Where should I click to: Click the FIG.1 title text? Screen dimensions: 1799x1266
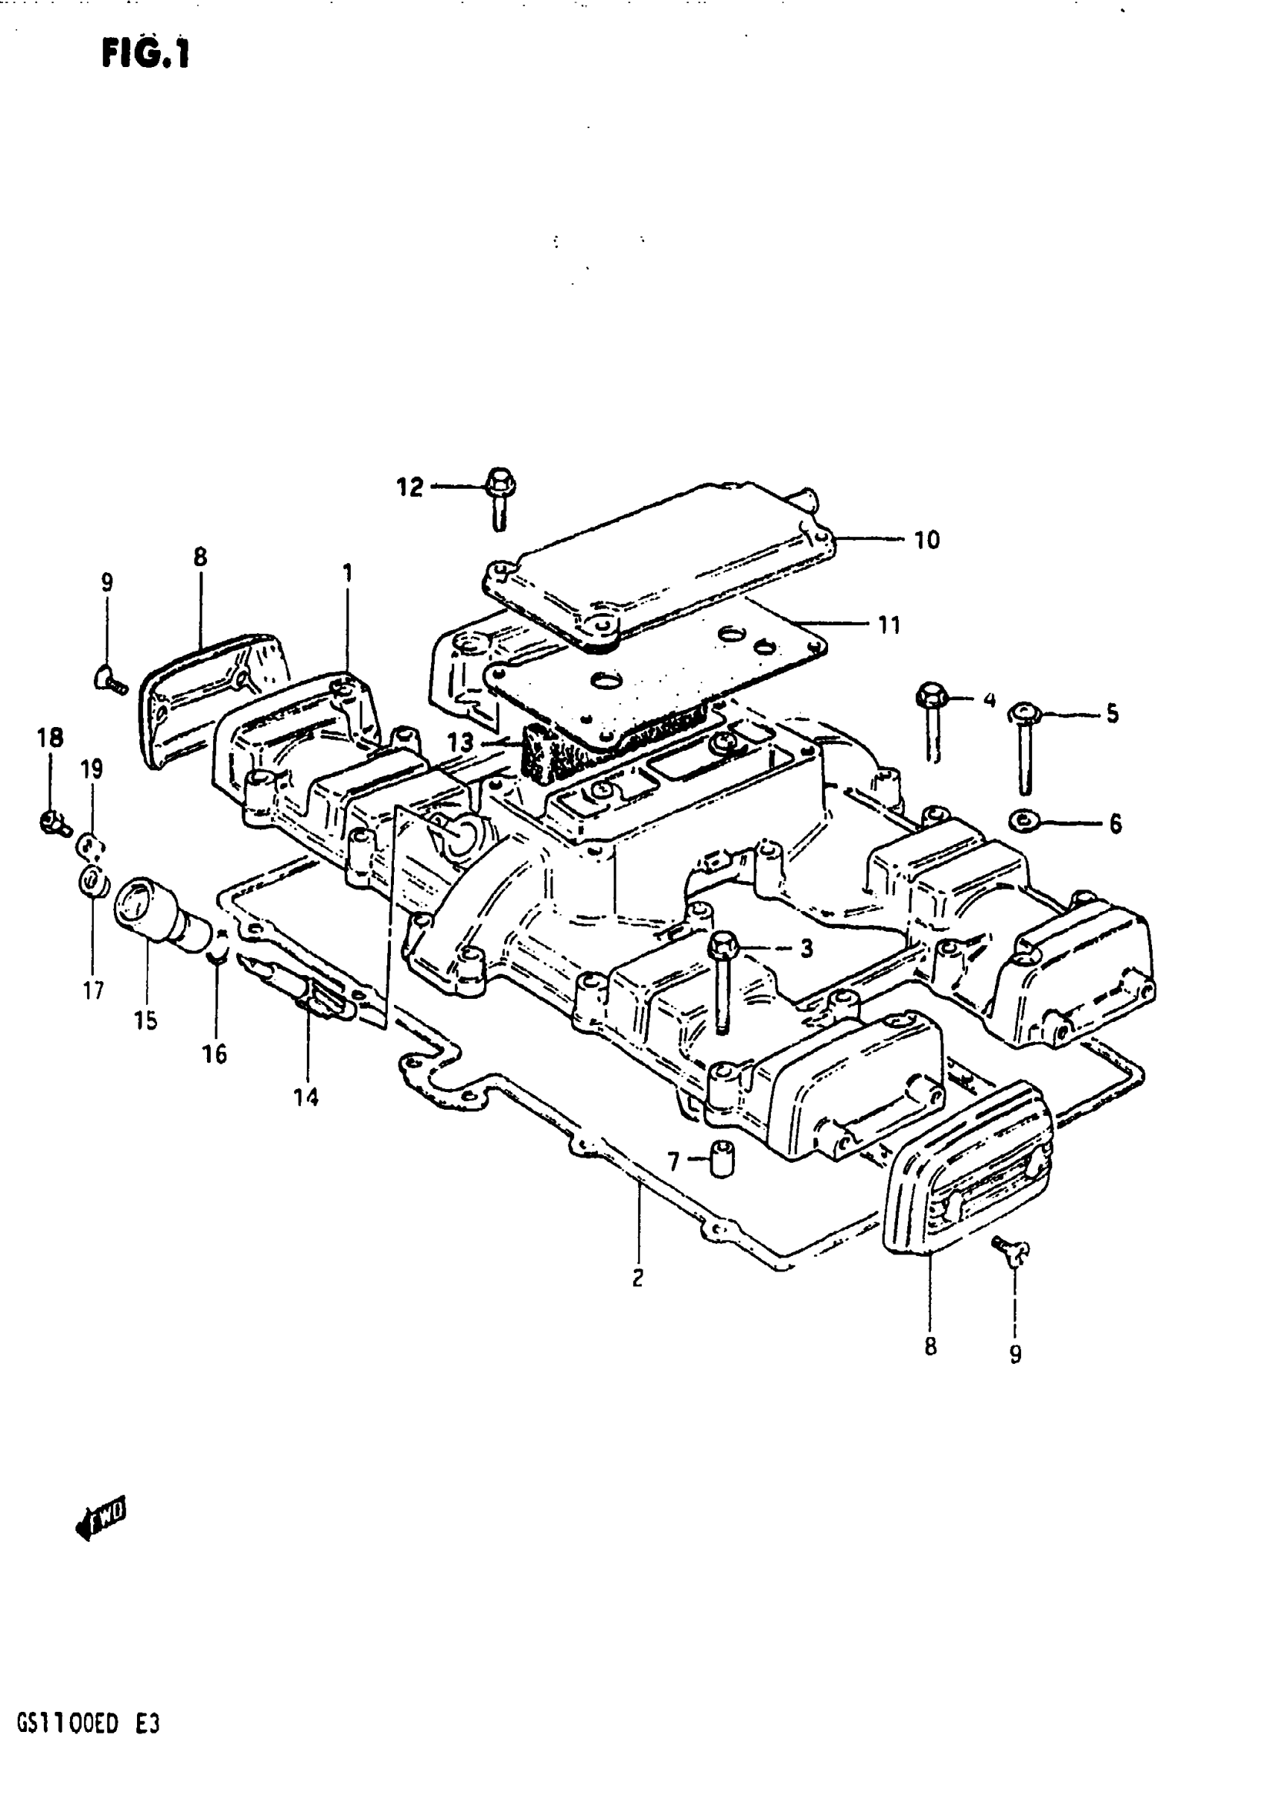(x=146, y=55)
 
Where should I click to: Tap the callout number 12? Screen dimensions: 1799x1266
(x=410, y=487)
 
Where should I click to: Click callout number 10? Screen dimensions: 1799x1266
(x=926, y=540)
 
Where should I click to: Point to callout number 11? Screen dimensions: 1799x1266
(x=889, y=624)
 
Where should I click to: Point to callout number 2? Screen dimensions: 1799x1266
(x=637, y=1278)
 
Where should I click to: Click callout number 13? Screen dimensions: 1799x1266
(x=461, y=741)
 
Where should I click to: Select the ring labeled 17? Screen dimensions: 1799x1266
(x=92, y=882)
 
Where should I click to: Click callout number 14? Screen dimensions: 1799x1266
(x=306, y=1098)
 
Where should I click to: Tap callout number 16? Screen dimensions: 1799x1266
(x=214, y=1054)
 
